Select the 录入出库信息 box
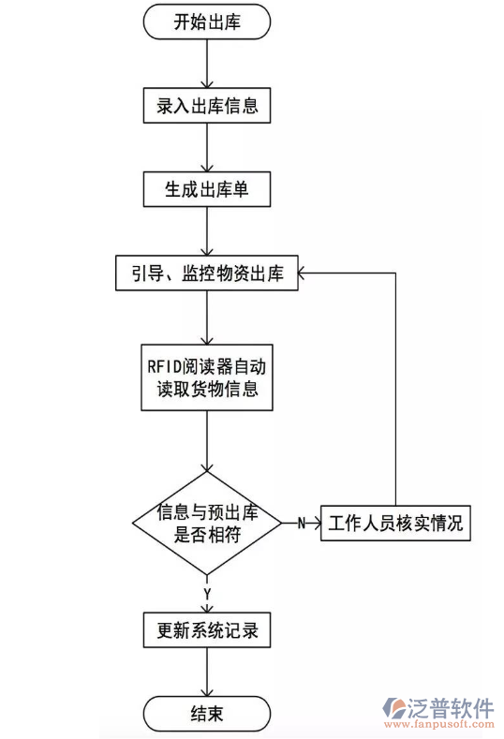pyautogui.click(x=207, y=106)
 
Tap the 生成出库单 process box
pyautogui.click(x=207, y=189)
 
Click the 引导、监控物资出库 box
pyautogui.click(x=207, y=273)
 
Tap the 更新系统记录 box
pyautogui.click(x=207, y=630)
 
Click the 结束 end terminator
pyautogui.click(x=207, y=714)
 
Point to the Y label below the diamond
pyautogui.click(x=207, y=593)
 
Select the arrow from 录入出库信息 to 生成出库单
pyautogui.click(x=207, y=147)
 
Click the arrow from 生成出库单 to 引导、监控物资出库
pyautogui.click(x=207, y=230)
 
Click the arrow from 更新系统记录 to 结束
pyautogui.click(x=207, y=672)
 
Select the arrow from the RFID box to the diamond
pyautogui.click(x=207, y=440)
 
